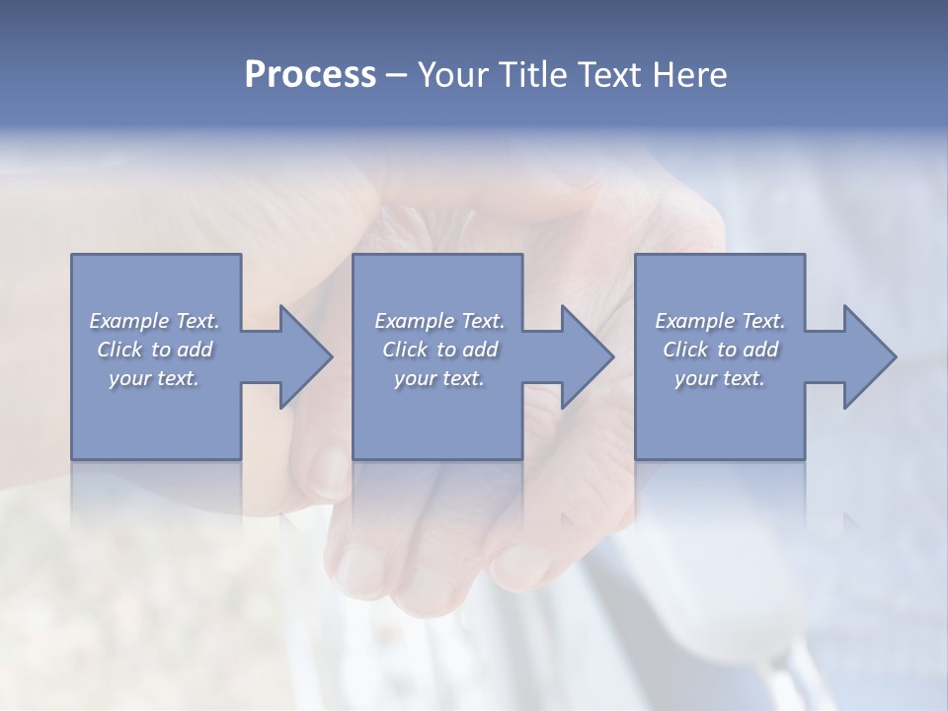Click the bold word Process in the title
pyautogui.click(x=310, y=75)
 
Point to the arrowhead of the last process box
pyautogui.click(x=868, y=356)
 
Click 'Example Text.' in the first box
pyautogui.click(x=154, y=321)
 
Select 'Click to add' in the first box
pyautogui.click(x=154, y=350)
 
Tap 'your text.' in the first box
pyautogui.click(x=154, y=378)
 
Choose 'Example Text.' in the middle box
pyautogui.click(x=439, y=321)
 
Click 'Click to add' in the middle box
pyautogui.click(x=439, y=350)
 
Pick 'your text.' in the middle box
pyautogui.click(x=439, y=378)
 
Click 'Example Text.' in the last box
pyautogui.click(x=720, y=321)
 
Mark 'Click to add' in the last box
pyautogui.click(x=720, y=350)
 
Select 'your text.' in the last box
pyautogui.click(x=720, y=378)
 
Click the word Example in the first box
pyautogui.click(x=128, y=321)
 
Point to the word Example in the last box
pyautogui.click(x=694, y=321)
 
